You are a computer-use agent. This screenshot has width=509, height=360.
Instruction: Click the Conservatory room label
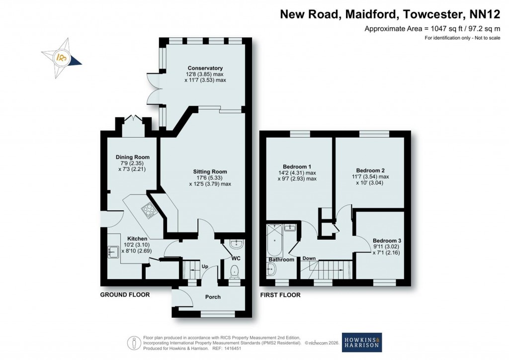tap(205, 68)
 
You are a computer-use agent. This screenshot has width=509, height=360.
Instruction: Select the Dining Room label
tap(129, 157)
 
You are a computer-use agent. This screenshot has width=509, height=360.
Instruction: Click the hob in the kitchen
tap(149, 211)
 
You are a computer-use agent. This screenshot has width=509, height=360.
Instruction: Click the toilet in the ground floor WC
tap(235, 271)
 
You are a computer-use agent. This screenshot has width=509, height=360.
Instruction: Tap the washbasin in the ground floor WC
tap(237, 245)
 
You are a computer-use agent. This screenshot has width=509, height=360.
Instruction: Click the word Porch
tap(213, 297)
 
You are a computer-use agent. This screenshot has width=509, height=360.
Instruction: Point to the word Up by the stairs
tap(204, 266)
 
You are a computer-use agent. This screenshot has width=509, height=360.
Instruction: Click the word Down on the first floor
tap(309, 259)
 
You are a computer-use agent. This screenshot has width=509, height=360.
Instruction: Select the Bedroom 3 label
tap(387, 240)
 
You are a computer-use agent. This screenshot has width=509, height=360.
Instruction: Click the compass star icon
tap(62, 57)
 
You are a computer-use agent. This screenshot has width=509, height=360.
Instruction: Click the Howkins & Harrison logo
tap(362, 342)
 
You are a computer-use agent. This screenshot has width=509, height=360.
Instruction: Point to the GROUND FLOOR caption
tap(125, 295)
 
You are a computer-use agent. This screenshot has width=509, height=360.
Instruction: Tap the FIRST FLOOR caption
tap(280, 295)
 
